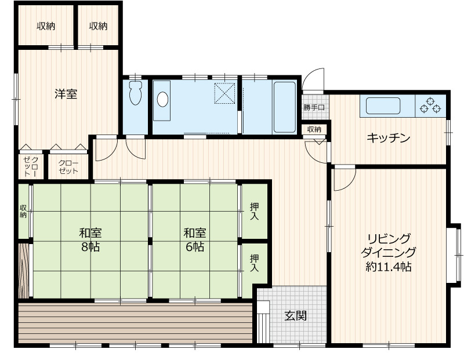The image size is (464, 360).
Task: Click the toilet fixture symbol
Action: [136, 93]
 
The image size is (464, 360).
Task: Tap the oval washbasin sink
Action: [162, 99]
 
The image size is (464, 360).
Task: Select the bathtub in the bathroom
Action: [284, 107]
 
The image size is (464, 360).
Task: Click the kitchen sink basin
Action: [383, 106]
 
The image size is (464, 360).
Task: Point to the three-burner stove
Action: [430, 106]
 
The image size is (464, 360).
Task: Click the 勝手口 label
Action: [314, 108]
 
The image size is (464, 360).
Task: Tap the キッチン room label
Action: [388, 138]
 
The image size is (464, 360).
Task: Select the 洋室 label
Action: [66, 94]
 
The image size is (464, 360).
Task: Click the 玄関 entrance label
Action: [295, 316]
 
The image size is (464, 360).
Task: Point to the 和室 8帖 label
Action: [90, 239]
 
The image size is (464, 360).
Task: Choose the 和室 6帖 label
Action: [195, 239]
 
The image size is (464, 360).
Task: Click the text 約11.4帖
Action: [388, 267]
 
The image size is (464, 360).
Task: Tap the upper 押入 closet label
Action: [254, 211]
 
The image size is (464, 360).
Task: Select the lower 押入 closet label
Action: [254, 263]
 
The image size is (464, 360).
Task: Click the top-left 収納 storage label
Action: [46, 26]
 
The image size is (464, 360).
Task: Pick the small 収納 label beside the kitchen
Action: [314, 129]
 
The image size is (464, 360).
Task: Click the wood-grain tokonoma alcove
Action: [24, 271]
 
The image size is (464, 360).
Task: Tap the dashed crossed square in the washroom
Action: [224, 93]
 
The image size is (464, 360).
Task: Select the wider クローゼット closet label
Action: [68, 167]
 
